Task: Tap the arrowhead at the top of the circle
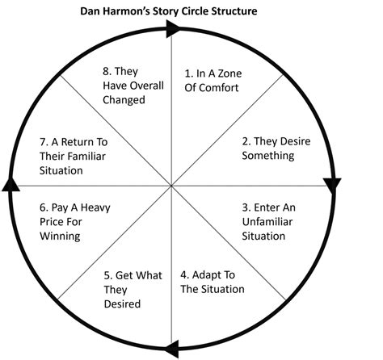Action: (172, 28)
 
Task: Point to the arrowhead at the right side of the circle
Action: (333, 186)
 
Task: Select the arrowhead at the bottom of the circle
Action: (171, 349)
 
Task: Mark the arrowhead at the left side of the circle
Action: (11, 184)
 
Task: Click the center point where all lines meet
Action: (171, 186)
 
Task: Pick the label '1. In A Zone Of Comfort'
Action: (213, 81)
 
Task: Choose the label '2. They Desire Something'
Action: (276, 149)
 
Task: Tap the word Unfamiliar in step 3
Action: (267, 222)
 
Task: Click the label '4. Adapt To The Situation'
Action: (213, 282)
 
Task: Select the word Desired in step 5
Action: (122, 303)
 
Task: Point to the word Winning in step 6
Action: (60, 237)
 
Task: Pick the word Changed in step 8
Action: (124, 100)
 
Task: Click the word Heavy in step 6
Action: (95, 207)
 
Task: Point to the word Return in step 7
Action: (77, 142)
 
